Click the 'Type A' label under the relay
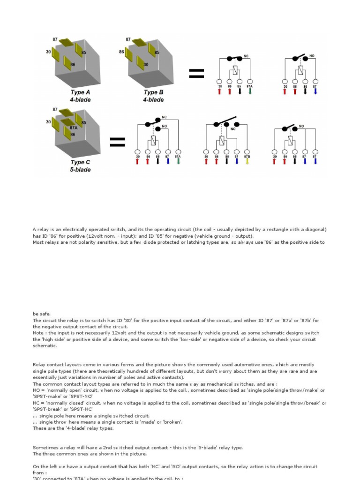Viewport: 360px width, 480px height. tap(80, 92)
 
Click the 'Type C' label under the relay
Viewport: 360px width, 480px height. tap(80, 162)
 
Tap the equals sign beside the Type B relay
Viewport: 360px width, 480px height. tap(196, 73)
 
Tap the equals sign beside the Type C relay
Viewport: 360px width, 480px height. tap(117, 142)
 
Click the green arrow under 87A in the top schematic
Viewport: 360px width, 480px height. tap(250, 91)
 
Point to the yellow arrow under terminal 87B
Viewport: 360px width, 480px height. tap(247, 161)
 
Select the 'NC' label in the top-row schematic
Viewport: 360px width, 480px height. tap(246, 56)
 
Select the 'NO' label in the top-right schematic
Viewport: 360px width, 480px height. tap(312, 56)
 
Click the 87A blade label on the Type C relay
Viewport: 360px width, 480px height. tap(73, 127)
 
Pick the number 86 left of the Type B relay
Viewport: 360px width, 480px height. tap(122, 52)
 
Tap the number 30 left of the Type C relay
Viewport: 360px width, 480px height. tap(48, 121)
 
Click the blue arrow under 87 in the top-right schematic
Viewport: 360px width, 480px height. tap(315, 91)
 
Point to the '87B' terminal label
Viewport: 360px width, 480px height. tap(247, 157)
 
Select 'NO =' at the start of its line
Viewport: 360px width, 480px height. tap(39, 390)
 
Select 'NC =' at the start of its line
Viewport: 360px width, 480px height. tap(39, 403)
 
